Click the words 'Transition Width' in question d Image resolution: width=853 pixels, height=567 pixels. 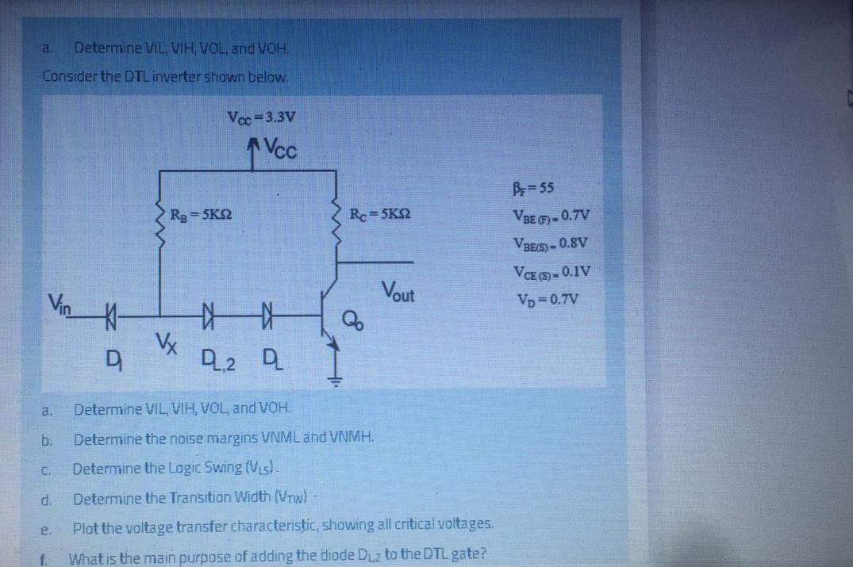click(x=196, y=498)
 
